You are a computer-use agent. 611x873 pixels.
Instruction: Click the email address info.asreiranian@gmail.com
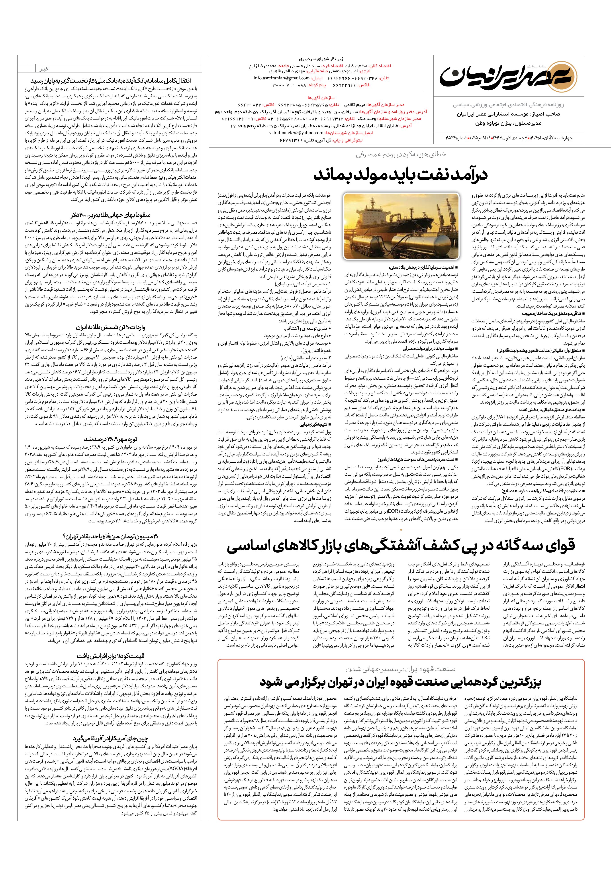coord(281,78)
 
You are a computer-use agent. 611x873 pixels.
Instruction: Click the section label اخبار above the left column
coord(45,69)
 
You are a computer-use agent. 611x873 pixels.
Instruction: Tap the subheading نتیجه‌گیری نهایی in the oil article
coord(314,423)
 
